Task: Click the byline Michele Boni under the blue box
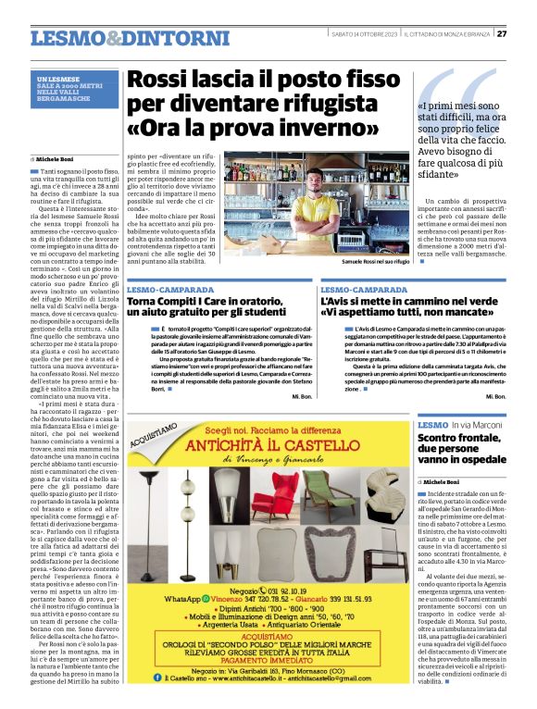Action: pyautogui.click(x=59, y=158)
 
